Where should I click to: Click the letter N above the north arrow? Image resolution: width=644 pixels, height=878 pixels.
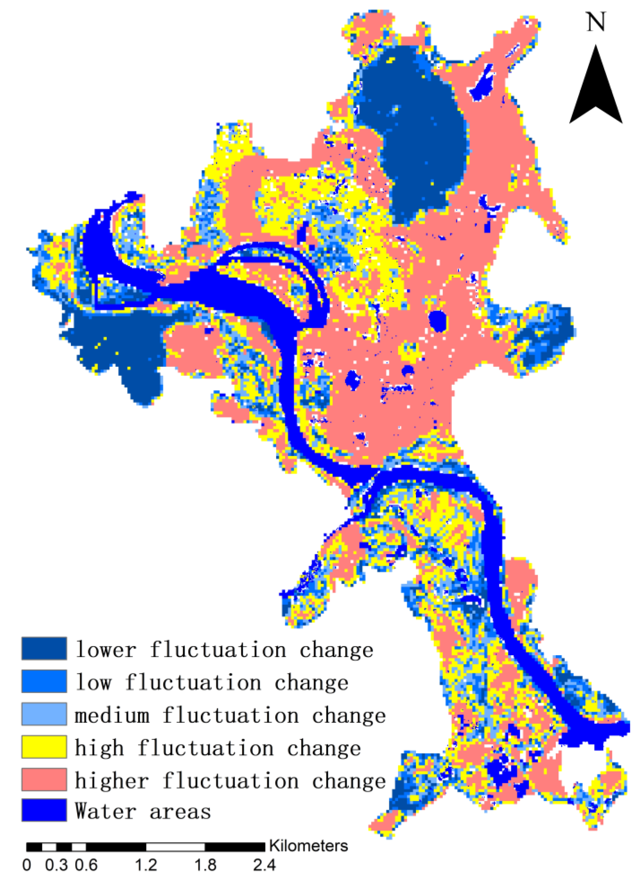tap(596, 22)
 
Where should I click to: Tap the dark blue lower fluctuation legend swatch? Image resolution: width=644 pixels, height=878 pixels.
tap(44, 648)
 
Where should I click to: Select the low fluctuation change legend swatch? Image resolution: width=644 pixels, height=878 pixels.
tap(44, 681)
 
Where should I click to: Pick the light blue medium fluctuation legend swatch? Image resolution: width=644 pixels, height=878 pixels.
tap(44, 714)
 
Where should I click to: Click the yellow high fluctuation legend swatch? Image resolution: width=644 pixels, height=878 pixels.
tap(44, 747)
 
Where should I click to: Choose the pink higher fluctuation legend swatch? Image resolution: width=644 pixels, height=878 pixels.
tap(44, 779)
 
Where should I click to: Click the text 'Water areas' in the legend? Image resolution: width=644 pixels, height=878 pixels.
tap(143, 811)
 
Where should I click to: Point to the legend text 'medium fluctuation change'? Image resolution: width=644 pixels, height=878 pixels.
tap(230, 715)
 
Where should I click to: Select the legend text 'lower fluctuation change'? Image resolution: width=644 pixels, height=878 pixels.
tap(224, 649)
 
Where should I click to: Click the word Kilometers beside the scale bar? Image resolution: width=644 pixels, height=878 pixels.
tap(308, 846)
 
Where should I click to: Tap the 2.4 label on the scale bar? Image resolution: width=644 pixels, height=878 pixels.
tap(264, 865)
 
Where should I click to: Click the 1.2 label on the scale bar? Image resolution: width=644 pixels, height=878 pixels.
tap(146, 865)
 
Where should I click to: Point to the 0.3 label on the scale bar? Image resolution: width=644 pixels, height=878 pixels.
tap(56, 865)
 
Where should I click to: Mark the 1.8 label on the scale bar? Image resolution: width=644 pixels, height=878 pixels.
tap(205, 865)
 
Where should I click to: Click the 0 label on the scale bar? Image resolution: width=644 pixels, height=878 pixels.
tap(27, 865)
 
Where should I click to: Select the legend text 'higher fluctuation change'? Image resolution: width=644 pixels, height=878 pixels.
tap(230, 780)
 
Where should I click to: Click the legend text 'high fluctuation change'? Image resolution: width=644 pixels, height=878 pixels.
tap(217, 748)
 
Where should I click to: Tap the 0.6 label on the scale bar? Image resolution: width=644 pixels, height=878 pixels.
tap(86, 865)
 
